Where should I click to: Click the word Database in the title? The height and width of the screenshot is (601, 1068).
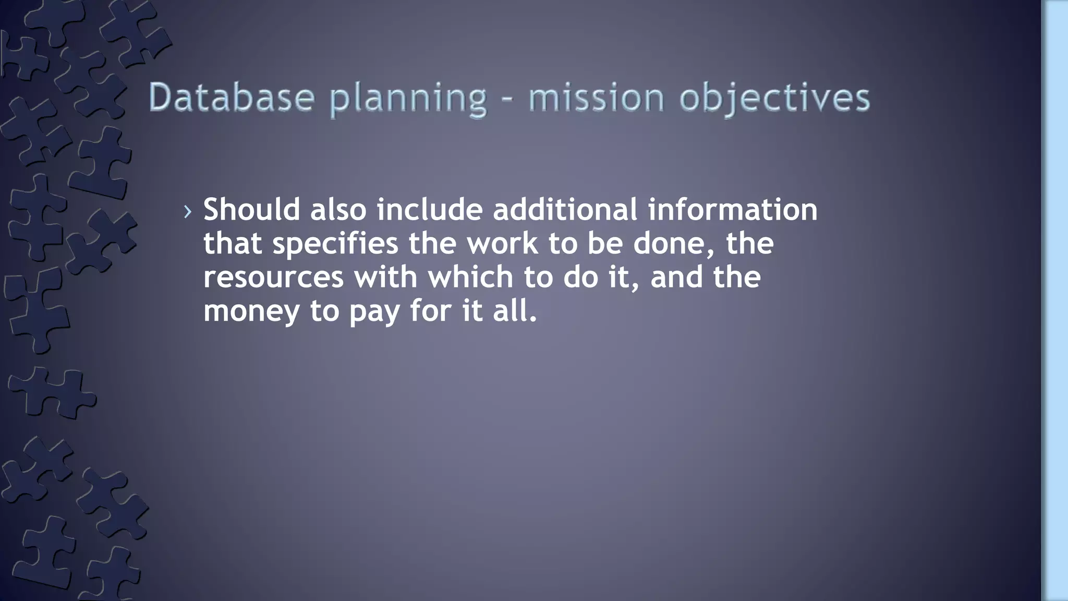coord(231,98)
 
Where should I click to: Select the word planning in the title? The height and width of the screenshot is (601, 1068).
coord(408,99)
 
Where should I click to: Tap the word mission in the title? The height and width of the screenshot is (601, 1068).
coord(596,98)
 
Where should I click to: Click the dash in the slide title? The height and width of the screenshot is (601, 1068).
coord(507,99)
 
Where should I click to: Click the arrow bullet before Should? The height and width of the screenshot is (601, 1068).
coord(188,211)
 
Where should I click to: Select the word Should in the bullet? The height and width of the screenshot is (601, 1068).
coord(251,209)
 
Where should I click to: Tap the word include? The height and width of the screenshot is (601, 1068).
coord(430,209)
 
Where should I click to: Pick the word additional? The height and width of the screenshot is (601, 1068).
coord(565,209)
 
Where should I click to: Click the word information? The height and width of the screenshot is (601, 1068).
coord(732,209)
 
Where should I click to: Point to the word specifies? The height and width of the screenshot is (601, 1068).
coord(335,244)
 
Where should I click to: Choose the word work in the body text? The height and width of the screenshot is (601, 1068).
coord(502,243)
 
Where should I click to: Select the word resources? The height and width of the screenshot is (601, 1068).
coord(273,277)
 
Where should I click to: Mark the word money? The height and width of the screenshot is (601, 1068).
coord(251,311)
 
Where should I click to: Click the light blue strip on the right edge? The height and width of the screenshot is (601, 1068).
coord(1055,300)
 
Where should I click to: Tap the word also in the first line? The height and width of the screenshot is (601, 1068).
coord(338,209)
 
